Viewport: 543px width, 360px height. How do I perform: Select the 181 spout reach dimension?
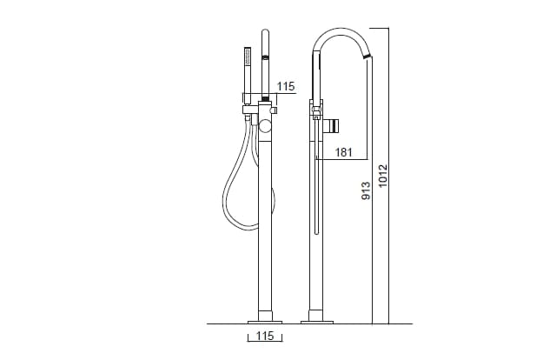pos(342,153)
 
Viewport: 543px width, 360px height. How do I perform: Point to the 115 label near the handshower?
pos(286,85)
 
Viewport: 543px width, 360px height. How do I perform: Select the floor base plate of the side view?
pos(317,321)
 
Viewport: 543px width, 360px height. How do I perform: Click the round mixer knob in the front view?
pos(265,127)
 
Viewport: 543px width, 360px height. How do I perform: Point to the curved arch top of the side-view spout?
pos(340,31)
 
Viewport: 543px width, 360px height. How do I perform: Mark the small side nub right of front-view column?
pos(274,110)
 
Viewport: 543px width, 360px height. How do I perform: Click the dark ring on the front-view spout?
pos(266,57)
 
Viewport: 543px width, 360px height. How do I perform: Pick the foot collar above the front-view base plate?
pos(265,311)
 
